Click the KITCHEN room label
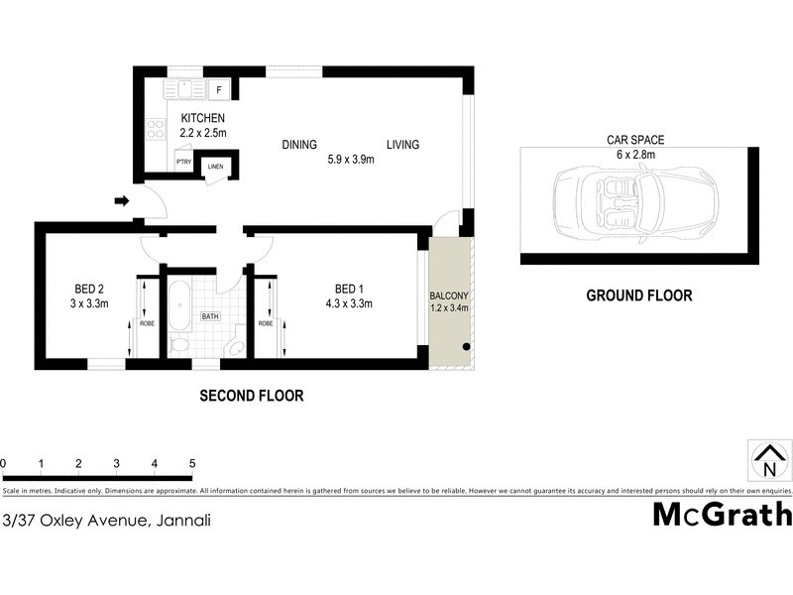pyautogui.click(x=203, y=119)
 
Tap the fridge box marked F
pyautogui.click(x=219, y=90)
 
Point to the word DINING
pyautogui.click(x=299, y=145)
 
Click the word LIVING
pyautogui.click(x=402, y=145)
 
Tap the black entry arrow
pyautogui.click(x=123, y=201)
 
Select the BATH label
pyautogui.click(x=210, y=317)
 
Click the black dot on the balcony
pyautogui.click(x=466, y=347)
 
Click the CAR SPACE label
pyautogui.click(x=634, y=141)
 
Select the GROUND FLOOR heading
pyautogui.click(x=638, y=295)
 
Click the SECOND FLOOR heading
pyautogui.click(x=251, y=396)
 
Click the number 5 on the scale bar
pyautogui.click(x=192, y=463)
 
